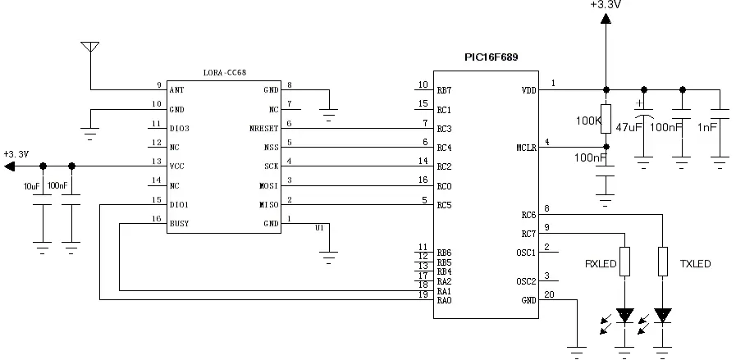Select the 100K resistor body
click(x=606, y=117)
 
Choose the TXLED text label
click(x=694, y=264)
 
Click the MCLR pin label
click(x=525, y=148)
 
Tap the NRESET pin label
click(x=266, y=129)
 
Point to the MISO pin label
click(x=268, y=204)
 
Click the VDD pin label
click(x=528, y=90)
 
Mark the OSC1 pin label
click(x=526, y=253)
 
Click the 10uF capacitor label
click(x=32, y=186)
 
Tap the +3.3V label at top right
click(x=605, y=5)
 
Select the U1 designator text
click(x=320, y=228)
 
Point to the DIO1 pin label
click(x=179, y=204)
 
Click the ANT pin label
click(x=176, y=89)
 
